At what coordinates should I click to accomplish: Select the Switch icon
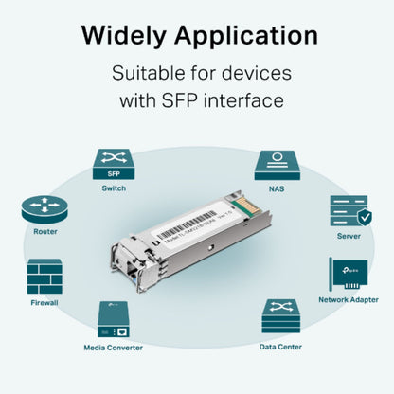(x=112, y=163)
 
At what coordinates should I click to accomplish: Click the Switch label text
(x=113, y=188)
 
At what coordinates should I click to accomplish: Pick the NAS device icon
(x=277, y=163)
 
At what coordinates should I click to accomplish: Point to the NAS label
(x=277, y=188)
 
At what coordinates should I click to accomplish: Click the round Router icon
(x=44, y=208)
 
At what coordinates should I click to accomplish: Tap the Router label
(x=44, y=232)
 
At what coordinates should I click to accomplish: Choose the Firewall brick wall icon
(x=44, y=277)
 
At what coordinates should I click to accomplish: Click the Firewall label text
(x=44, y=303)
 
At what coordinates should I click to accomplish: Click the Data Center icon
(x=280, y=316)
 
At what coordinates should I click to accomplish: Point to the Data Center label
(x=280, y=347)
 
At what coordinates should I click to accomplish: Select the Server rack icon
(x=349, y=210)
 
